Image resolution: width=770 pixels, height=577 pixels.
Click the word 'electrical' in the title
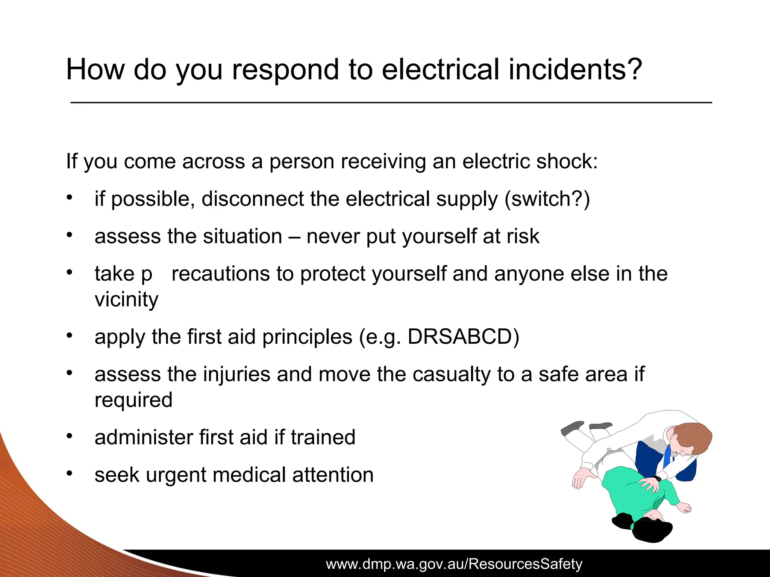click(440, 70)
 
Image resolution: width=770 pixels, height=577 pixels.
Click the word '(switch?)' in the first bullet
click(547, 199)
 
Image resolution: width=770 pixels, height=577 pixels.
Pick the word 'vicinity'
click(126, 300)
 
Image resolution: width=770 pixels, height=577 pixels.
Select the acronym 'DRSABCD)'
click(463, 337)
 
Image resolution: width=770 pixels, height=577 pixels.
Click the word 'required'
click(133, 400)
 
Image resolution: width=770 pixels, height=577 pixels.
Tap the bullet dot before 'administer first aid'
click(69, 436)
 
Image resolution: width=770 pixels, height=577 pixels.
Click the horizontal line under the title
click(391, 103)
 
